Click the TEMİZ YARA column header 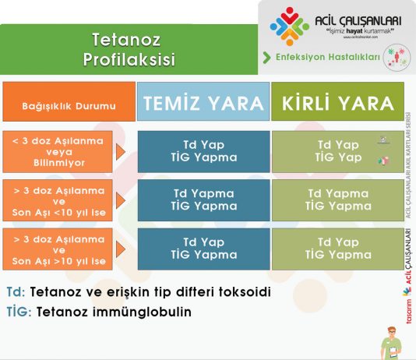click(x=203, y=104)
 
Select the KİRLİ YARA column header click(x=337, y=104)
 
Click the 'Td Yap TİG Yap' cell click(x=337, y=151)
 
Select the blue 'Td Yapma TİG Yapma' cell click(x=203, y=200)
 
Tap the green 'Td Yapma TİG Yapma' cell click(x=337, y=200)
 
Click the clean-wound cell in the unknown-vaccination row click(x=203, y=151)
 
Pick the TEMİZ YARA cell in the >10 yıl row click(x=203, y=249)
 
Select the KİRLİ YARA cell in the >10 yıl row click(x=337, y=249)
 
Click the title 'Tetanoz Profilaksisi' click(x=129, y=48)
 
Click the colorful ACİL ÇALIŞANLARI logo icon click(x=290, y=26)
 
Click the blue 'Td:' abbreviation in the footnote click(x=16, y=291)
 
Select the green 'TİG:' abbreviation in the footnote click(x=19, y=311)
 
